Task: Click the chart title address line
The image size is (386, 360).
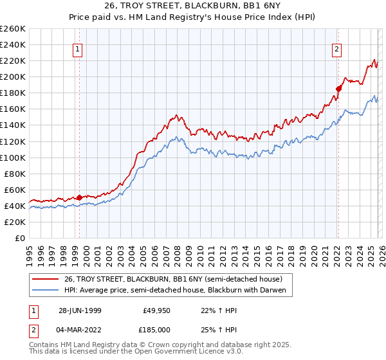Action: [193, 5]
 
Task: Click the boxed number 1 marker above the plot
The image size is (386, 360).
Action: [77, 48]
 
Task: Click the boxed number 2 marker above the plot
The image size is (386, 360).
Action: [336, 48]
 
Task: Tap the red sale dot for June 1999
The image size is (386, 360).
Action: [79, 197]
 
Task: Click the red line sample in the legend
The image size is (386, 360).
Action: [46, 279]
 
